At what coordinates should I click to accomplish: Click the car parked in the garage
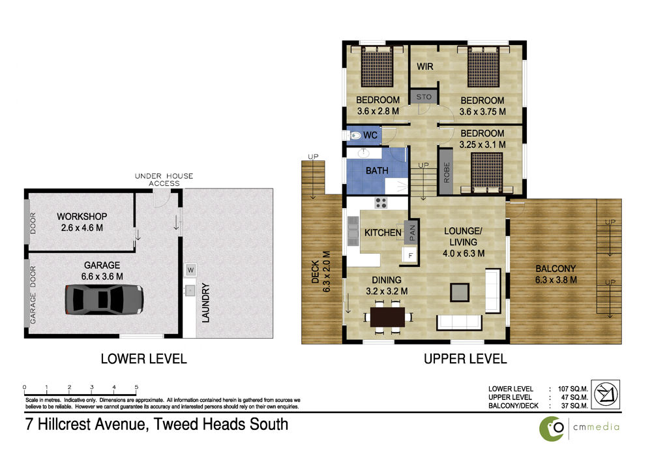[104, 299]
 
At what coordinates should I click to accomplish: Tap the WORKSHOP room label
[82, 217]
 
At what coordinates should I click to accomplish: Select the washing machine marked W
[190, 270]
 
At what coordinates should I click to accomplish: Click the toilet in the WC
[353, 136]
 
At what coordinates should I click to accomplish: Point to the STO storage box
[424, 97]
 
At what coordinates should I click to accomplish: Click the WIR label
[425, 67]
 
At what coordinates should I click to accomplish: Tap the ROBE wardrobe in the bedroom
[446, 172]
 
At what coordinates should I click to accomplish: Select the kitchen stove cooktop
[381, 203]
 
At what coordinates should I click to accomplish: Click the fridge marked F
[410, 255]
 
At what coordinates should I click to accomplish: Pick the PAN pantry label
[412, 232]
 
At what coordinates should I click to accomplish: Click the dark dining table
[387, 317]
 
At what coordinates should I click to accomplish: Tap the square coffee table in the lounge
[460, 292]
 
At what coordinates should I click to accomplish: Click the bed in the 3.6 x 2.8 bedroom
[377, 66]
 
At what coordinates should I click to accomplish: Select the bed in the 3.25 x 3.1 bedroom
[487, 173]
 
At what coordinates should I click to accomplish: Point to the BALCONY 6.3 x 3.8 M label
[556, 274]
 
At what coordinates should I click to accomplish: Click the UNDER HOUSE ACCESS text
[164, 179]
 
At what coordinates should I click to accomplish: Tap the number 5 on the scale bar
[136, 387]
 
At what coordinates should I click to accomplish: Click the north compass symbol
[606, 393]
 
